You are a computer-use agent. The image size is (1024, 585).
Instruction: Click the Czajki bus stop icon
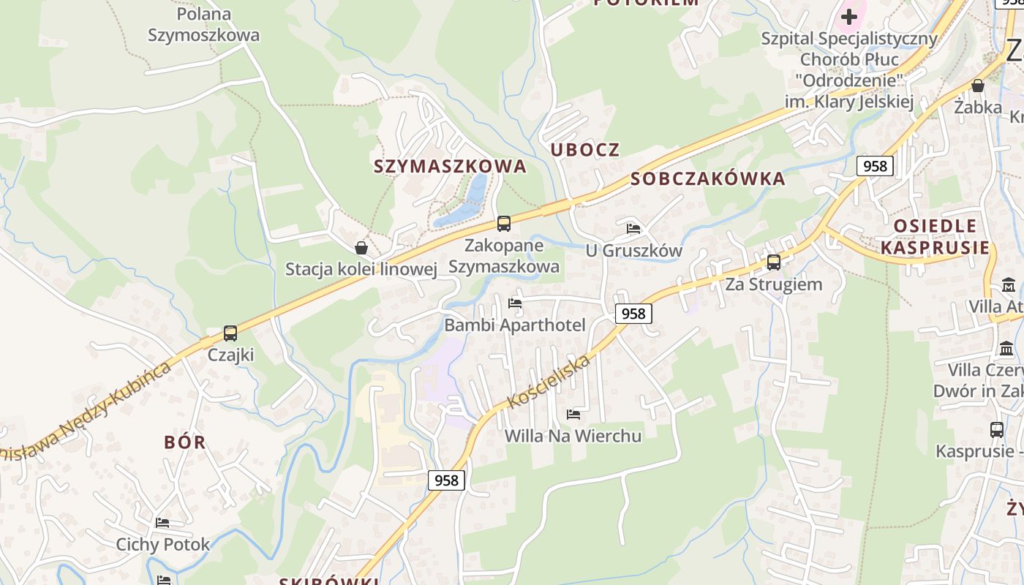click(230, 333)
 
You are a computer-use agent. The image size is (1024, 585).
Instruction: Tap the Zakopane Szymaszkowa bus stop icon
click(504, 224)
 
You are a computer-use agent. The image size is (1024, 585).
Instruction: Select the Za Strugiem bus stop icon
click(774, 263)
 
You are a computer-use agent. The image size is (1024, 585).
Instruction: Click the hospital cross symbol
click(849, 15)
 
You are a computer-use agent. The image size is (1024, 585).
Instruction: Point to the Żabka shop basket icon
click(978, 86)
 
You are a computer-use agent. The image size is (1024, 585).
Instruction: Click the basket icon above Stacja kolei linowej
click(361, 247)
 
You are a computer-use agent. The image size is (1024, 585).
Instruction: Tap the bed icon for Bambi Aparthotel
click(515, 303)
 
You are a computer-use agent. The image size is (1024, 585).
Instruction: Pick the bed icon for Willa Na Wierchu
click(573, 415)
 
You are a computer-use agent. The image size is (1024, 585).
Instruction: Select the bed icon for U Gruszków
click(633, 229)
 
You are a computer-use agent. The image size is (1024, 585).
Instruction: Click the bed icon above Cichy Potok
click(162, 523)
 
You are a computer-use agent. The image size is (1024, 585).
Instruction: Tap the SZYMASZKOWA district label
click(450, 166)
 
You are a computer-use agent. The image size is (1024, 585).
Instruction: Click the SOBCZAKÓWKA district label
click(707, 178)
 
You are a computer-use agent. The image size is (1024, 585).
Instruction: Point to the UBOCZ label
click(585, 150)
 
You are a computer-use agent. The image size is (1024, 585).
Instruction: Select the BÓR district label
click(185, 442)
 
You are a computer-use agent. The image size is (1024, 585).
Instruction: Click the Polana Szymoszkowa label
click(203, 24)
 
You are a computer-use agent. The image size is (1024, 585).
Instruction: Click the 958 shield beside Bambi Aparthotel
click(633, 314)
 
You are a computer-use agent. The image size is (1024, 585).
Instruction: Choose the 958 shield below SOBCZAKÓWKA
click(875, 166)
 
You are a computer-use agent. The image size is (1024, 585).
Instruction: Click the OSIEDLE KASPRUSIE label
click(935, 236)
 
